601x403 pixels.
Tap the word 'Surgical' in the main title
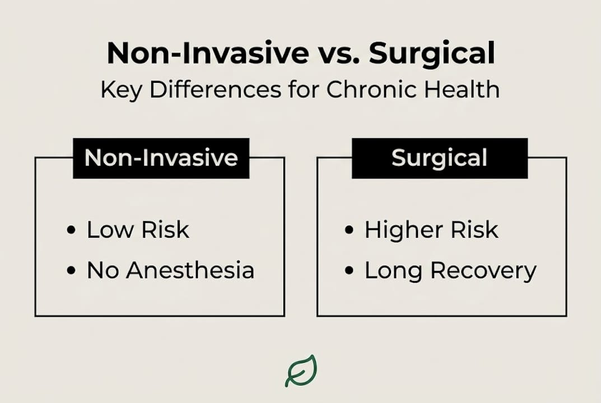click(x=432, y=54)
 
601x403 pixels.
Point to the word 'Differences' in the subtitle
click(x=216, y=89)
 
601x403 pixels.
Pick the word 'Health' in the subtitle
click(x=462, y=89)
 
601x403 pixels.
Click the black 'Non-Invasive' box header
click(x=161, y=158)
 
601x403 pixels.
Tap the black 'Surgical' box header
click(x=440, y=158)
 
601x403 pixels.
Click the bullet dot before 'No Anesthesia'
click(x=71, y=270)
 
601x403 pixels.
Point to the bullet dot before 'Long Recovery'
click(x=349, y=270)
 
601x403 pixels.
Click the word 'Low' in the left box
click(x=110, y=230)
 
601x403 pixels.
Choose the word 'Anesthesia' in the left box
click(x=190, y=270)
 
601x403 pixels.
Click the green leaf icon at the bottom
click(x=301, y=371)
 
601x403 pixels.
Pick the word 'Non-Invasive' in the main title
click(x=208, y=54)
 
